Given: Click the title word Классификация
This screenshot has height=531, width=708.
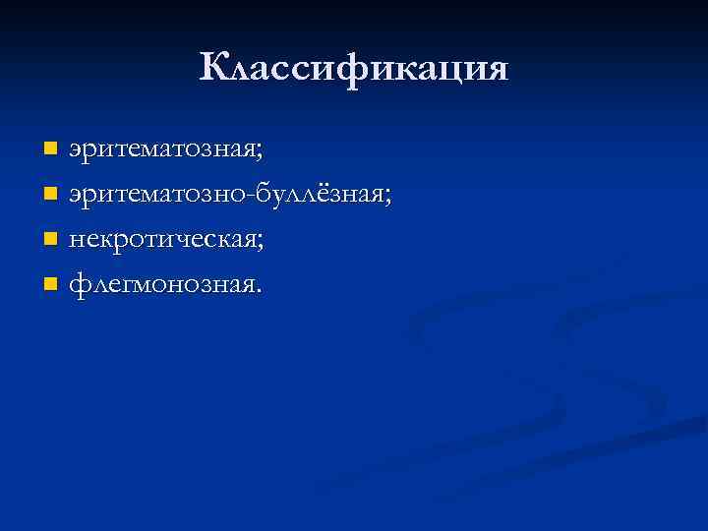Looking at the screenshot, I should click(354, 68).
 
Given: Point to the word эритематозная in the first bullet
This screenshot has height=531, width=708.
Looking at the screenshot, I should click(161, 150).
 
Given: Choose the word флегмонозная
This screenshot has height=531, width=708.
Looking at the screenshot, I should click(161, 286).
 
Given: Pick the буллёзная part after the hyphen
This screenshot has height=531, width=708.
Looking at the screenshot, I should click(323, 196).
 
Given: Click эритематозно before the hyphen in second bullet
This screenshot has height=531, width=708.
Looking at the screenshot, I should click(160, 196).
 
